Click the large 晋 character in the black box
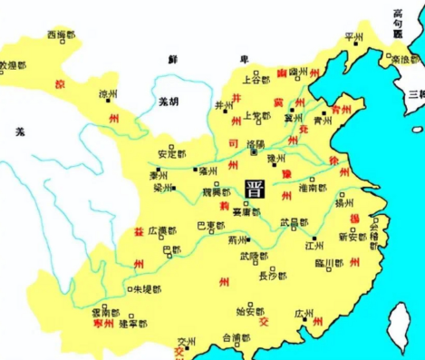(256, 189)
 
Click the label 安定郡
(171, 153)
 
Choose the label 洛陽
(256, 143)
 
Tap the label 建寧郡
(143, 323)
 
